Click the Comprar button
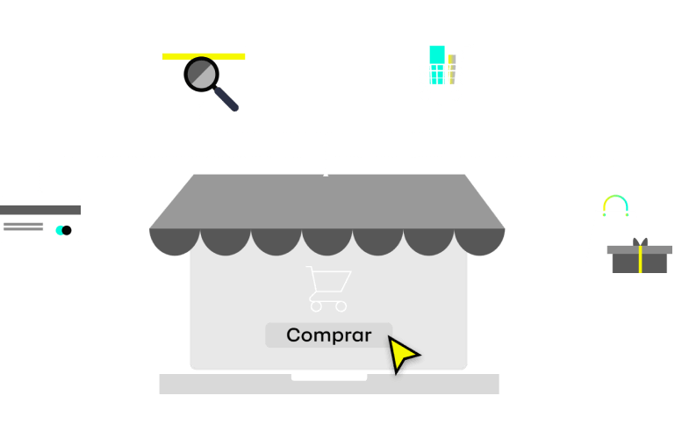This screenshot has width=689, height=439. coord(328,335)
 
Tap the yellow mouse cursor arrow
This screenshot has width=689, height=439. coord(401,353)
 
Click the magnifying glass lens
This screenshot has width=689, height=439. coord(202,75)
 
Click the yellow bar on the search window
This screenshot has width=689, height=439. coord(204,55)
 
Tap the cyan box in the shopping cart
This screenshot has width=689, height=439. coord(436,64)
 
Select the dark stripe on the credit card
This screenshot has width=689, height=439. coord(40,210)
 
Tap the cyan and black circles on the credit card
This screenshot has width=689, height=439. coord(63,230)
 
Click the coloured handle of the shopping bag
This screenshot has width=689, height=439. coord(615,204)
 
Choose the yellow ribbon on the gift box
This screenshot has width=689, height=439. coord(640,260)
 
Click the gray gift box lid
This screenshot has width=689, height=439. coord(639,250)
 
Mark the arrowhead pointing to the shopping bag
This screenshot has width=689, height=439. coord(614,189)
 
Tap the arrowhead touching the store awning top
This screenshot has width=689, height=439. coord(326,173)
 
